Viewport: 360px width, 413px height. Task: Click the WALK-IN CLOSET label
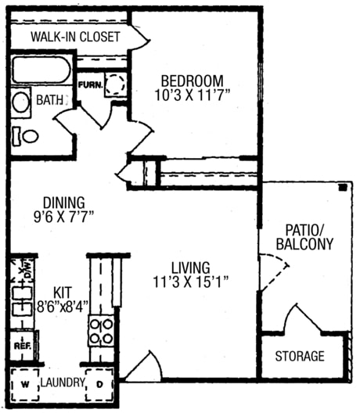[x=75, y=37]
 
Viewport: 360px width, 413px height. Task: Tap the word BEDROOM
[x=192, y=80]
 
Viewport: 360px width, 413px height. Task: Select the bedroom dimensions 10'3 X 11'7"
[x=192, y=94]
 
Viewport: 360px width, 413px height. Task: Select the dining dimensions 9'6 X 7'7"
[x=54, y=217]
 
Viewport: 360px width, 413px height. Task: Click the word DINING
[x=54, y=202]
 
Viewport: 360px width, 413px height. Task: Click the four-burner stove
[x=101, y=330]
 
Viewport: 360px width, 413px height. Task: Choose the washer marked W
[x=23, y=384]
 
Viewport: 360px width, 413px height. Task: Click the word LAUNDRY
[x=63, y=383]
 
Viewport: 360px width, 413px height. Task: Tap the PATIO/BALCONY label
[x=304, y=235]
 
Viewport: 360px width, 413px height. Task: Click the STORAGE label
[x=299, y=357]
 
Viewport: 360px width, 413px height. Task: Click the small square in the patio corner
[x=341, y=189]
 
